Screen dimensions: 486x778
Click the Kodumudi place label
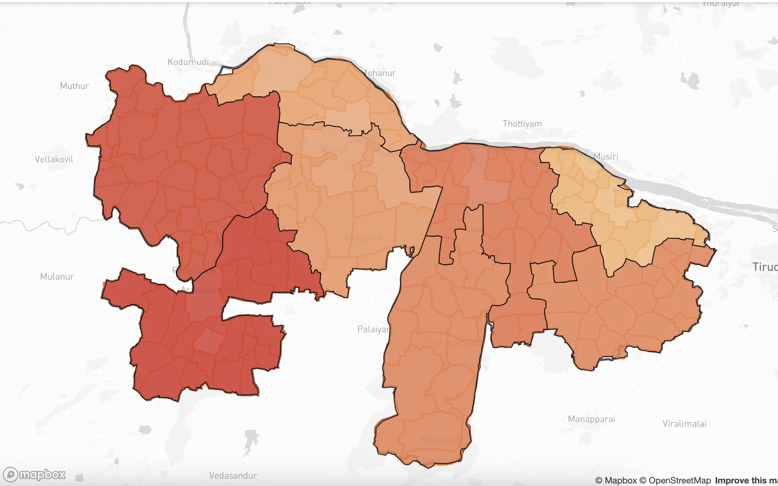point(188,62)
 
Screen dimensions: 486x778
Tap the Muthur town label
point(74,86)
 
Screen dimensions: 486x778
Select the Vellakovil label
point(54,159)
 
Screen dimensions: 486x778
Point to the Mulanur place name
point(57,277)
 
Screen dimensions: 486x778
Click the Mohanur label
point(379,73)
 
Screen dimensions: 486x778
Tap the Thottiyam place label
point(522,124)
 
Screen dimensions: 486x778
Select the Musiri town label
point(606,157)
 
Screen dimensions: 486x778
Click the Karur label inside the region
point(335,151)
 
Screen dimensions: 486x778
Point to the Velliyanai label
point(363,238)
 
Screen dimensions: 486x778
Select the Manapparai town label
point(591,419)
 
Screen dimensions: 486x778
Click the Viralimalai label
point(684,424)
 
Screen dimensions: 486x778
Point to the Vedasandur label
point(233,476)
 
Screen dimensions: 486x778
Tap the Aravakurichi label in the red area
point(206,290)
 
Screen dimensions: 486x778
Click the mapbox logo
point(34,475)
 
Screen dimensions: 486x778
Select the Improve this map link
point(746,481)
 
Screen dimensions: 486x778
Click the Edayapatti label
point(440,440)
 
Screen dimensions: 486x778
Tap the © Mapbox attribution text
point(616,481)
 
